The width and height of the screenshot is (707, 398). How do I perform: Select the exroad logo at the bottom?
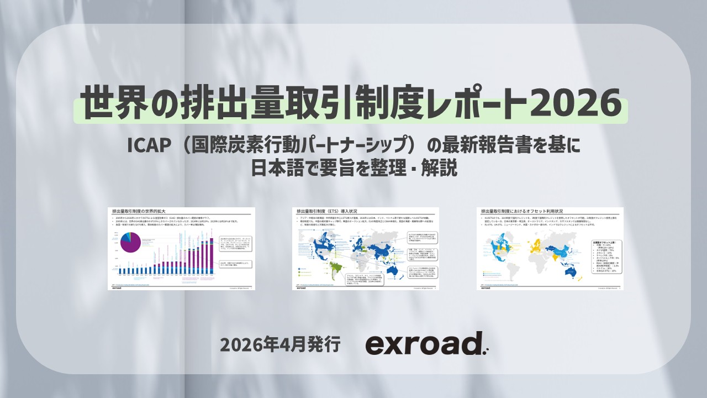424,344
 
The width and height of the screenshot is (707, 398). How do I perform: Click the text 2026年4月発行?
279,344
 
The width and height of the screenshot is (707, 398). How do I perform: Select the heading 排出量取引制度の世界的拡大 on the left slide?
139,211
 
